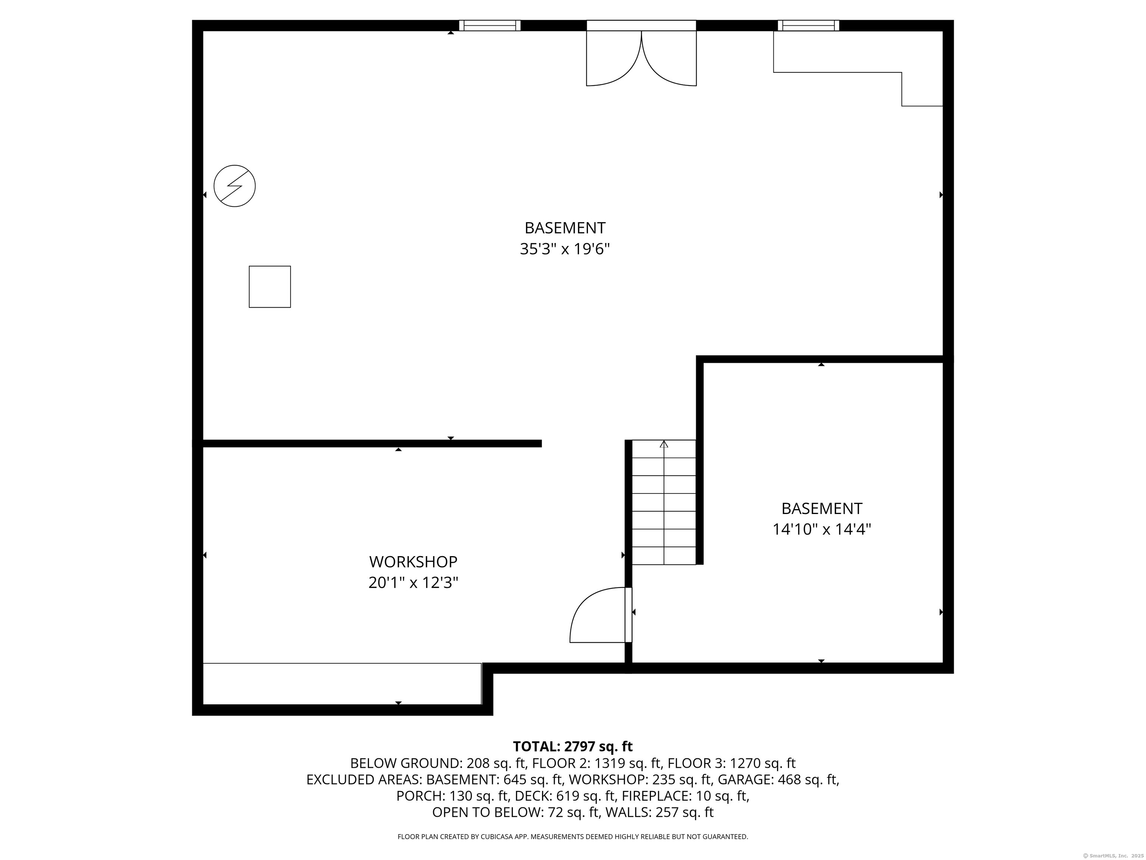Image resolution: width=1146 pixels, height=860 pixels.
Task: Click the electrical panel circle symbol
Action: tap(235, 186)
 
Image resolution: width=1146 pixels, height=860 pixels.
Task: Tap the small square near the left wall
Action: tap(270, 287)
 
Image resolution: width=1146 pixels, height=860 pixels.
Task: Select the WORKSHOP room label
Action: tap(413, 562)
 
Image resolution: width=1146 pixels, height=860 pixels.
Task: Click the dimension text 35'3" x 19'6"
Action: tap(565, 249)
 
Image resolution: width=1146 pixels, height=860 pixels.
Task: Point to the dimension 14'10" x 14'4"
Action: tap(822, 529)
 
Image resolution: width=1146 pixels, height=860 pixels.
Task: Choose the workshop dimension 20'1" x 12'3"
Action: tap(413, 583)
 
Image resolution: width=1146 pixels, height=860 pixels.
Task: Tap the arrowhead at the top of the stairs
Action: tap(664, 444)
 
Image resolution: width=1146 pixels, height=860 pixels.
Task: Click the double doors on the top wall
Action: tap(641, 53)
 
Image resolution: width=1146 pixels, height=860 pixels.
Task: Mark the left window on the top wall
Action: tap(489, 26)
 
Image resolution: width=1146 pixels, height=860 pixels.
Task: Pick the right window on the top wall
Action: tap(808, 26)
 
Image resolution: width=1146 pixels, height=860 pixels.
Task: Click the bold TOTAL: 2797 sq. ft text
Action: tap(573, 747)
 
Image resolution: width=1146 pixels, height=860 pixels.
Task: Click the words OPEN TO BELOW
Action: tap(487, 812)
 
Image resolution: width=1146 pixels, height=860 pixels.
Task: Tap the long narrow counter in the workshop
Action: tap(342, 684)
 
